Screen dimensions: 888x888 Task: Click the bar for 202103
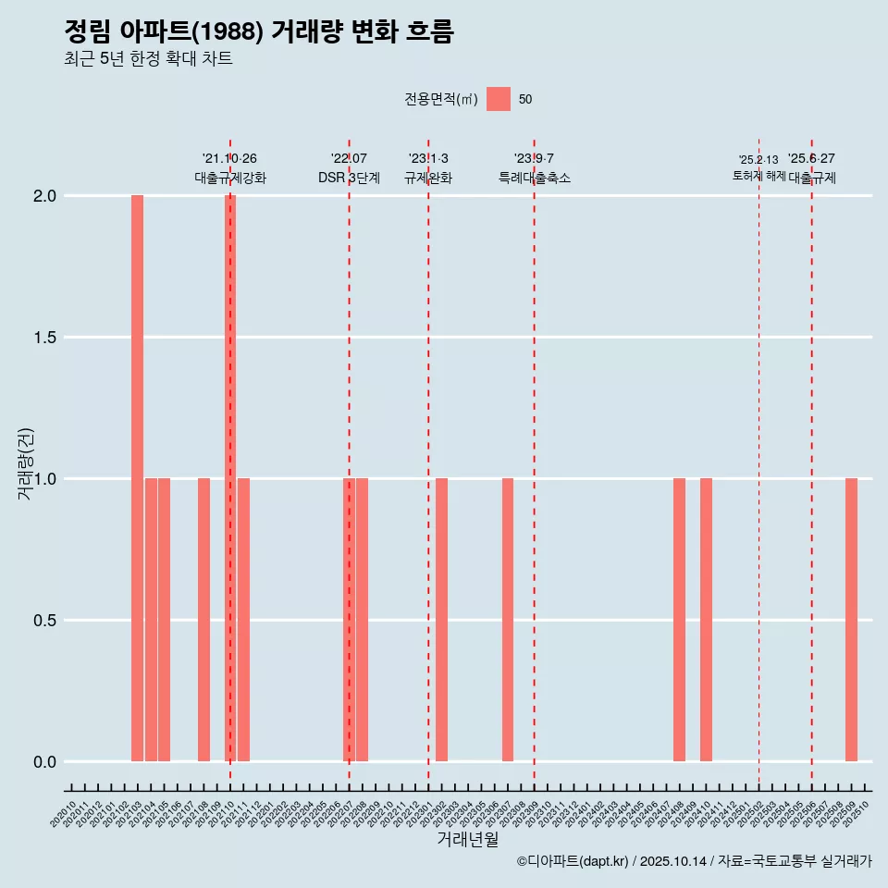[x=137, y=478]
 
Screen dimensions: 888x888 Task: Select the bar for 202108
[x=203, y=620]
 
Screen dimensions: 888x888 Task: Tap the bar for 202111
[x=243, y=620]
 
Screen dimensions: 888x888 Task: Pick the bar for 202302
[x=442, y=620]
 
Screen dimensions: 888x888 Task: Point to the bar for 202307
[x=508, y=620]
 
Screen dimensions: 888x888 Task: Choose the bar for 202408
[x=679, y=620]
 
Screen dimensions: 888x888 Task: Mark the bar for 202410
[x=706, y=620]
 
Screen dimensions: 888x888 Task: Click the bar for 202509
[x=851, y=620]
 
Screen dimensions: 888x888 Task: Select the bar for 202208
[x=363, y=620]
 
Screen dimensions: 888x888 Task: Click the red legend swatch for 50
[x=499, y=99]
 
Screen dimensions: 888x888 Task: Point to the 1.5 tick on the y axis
[x=43, y=338]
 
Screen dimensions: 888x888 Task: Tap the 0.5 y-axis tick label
[x=43, y=621]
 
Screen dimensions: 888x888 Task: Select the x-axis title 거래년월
[x=467, y=840]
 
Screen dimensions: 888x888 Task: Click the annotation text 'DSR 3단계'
[x=349, y=178]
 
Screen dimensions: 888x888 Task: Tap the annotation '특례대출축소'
[x=535, y=178]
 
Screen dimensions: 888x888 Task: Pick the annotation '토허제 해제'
[x=758, y=176]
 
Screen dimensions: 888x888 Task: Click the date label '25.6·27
[x=811, y=159]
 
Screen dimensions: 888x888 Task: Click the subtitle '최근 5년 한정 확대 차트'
[x=148, y=59]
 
